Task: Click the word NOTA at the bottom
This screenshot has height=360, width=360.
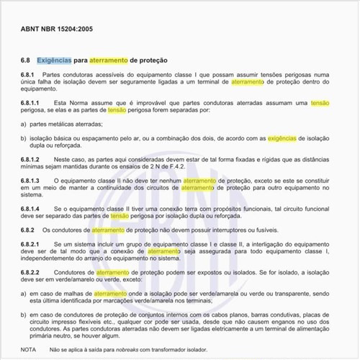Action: (x=28, y=349)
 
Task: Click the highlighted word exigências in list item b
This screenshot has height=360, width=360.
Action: (x=280, y=136)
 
